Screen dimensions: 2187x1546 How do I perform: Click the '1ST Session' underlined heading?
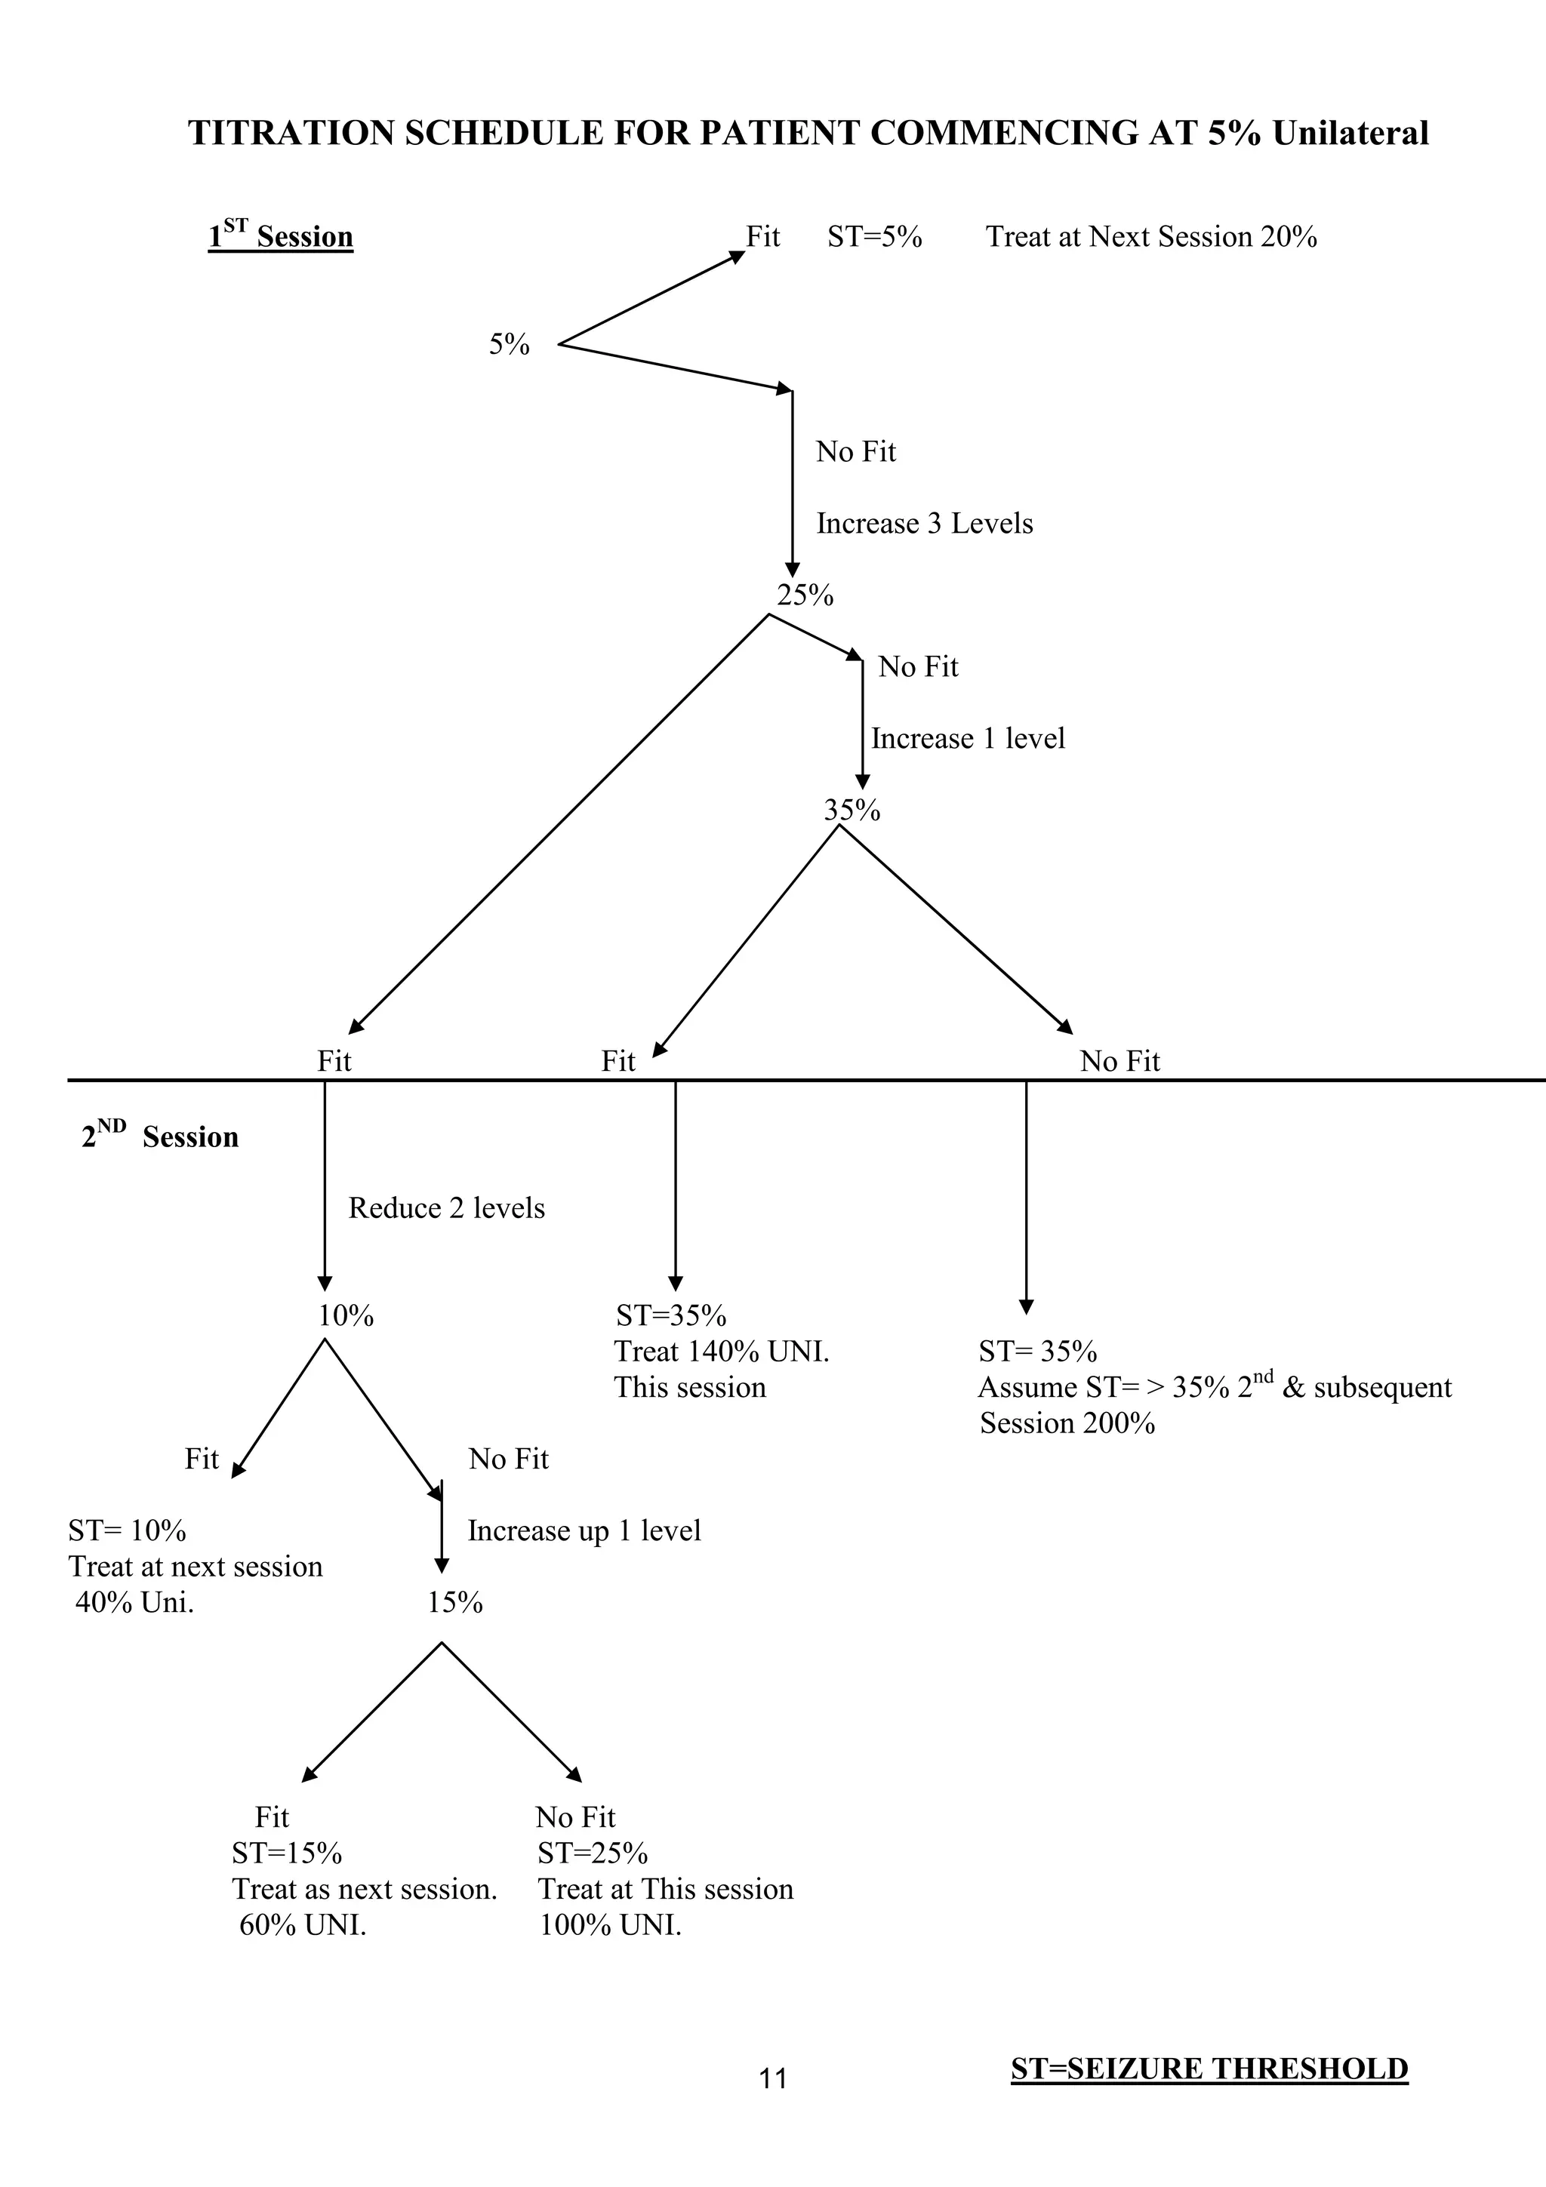point(281,235)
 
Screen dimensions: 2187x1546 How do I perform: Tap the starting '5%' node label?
point(509,345)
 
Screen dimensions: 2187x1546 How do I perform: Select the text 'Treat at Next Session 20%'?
point(1150,236)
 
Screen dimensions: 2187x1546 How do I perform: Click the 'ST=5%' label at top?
point(873,236)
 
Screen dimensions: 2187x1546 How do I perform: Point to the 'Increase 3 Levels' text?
point(924,523)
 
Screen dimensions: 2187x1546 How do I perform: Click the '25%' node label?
point(805,595)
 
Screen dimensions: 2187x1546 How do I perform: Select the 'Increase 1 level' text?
point(967,738)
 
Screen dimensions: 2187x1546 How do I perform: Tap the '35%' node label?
point(852,810)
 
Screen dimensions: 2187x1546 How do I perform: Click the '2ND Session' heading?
point(160,1136)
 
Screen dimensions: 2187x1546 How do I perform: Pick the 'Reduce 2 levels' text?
point(447,1207)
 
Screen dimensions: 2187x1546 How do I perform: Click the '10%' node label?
point(345,1316)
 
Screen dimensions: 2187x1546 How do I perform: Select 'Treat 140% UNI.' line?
point(721,1352)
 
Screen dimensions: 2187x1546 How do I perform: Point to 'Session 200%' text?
point(1067,1423)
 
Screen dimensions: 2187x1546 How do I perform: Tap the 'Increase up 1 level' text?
point(584,1530)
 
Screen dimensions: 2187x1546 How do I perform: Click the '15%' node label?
point(454,1603)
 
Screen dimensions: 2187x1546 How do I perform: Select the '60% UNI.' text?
point(302,1925)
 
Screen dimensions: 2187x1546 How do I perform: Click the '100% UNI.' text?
point(610,1925)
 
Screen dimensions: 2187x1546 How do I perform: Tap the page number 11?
point(772,2078)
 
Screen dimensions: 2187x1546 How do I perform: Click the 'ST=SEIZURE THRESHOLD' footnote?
point(1209,2068)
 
